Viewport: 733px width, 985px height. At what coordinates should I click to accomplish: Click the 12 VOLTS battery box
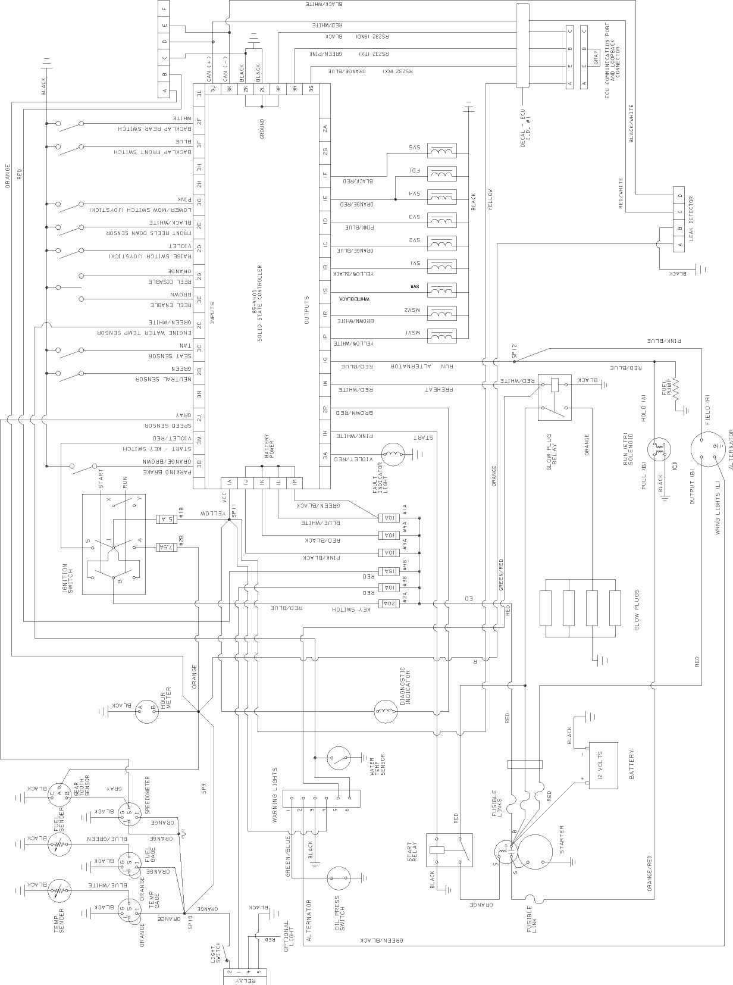pyautogui.click(x=603, y=765)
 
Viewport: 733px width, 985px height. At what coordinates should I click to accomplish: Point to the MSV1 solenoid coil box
pyautogui.click(x=441, y=337)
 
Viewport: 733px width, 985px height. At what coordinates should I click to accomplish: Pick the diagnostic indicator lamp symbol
pyautogui.click(x=386, y=710)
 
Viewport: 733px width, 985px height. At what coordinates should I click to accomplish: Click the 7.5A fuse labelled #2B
pyautogui.click(x=165, y=547)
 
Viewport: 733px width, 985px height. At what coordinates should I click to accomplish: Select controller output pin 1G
pyautogui.click(x=325, y=361)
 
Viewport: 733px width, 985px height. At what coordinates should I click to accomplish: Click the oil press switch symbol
pyautogui.click(x=340, y=878)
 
